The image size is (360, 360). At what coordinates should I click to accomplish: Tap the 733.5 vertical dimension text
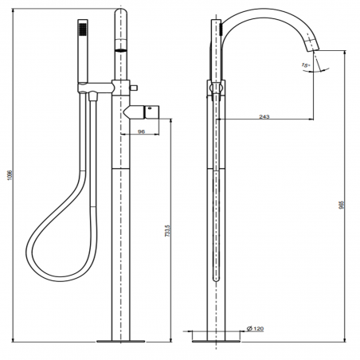[166, 232]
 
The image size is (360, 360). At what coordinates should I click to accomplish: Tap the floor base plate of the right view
[216, 342]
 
